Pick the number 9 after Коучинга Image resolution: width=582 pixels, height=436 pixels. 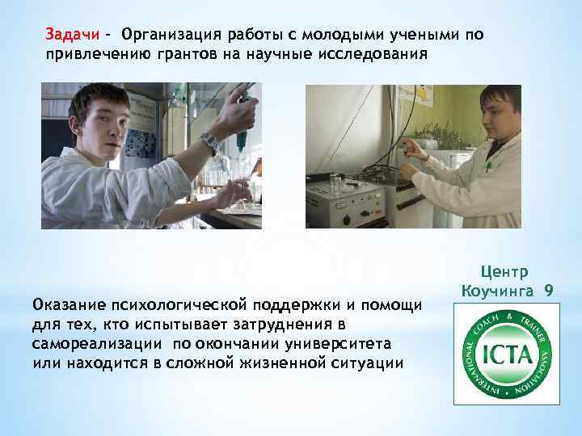548,289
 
